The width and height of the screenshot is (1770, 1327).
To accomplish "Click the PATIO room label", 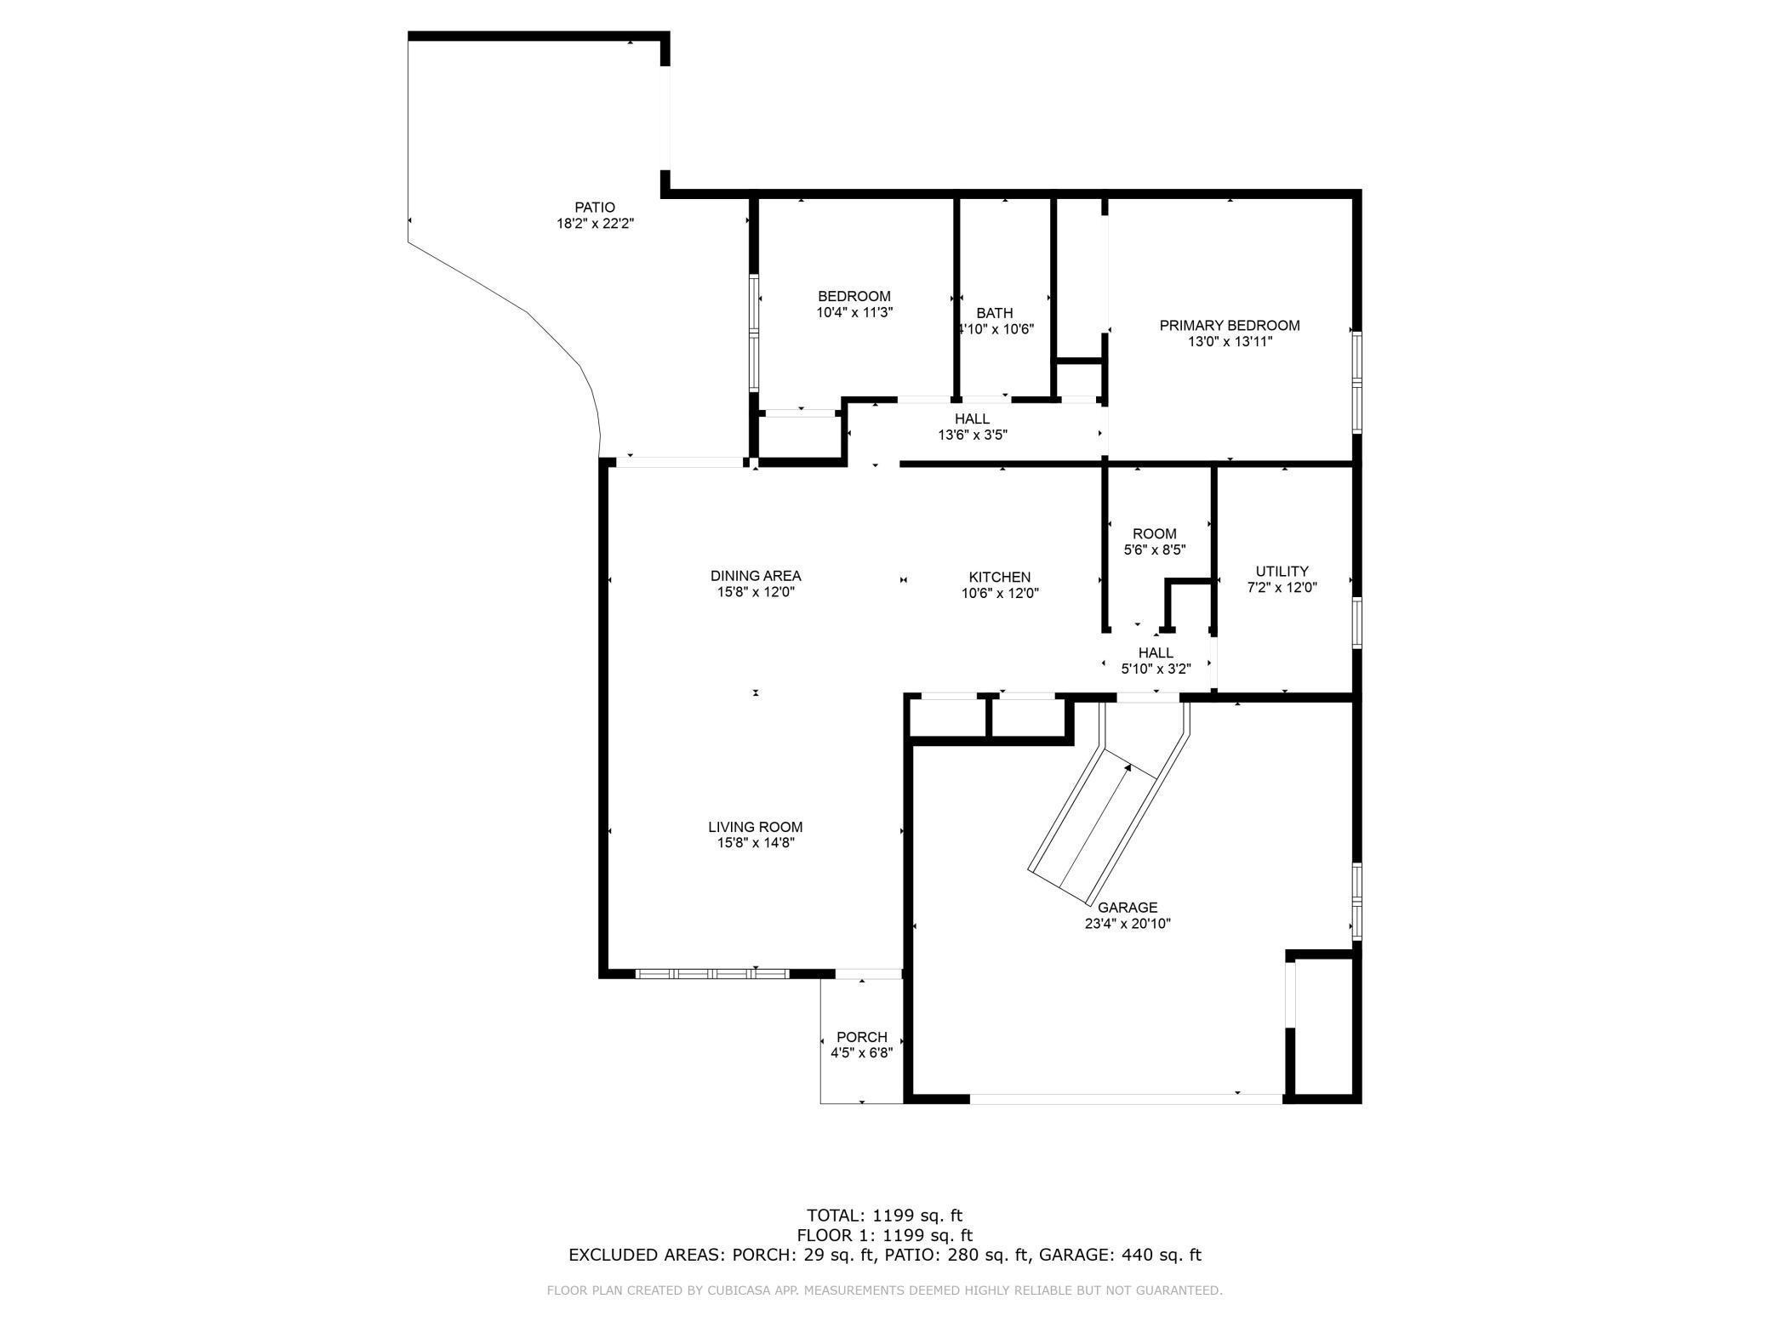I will coord(594,207).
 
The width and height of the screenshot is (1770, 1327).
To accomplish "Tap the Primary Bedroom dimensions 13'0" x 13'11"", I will coord(1230,342).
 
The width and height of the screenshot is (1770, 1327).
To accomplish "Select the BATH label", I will coord(994,313).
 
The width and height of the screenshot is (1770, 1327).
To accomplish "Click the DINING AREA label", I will coord(756,576).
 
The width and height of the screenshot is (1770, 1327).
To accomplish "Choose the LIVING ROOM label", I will coord(756,827).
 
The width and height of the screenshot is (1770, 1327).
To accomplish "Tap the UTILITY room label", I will coord(1282,571).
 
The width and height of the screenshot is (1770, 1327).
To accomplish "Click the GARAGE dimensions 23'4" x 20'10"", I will coord(1128,924).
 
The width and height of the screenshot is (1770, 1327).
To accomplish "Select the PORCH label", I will coord(861,1037).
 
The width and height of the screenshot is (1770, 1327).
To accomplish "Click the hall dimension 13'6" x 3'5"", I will coord(972,435).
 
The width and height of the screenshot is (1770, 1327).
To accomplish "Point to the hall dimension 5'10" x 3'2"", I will coord(1155,669).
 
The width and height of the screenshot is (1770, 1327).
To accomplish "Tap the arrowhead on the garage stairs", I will coord(1128,768).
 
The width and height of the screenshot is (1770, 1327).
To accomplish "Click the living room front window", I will coord(713,974).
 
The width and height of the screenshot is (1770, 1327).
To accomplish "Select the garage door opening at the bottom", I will coord(1126,1099).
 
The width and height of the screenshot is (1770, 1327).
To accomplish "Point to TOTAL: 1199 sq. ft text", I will coord(884,1216).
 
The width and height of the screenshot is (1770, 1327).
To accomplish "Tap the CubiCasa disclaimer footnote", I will coord(884,1290).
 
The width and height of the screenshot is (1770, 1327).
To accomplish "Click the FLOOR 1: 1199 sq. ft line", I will coord(884,1235).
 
